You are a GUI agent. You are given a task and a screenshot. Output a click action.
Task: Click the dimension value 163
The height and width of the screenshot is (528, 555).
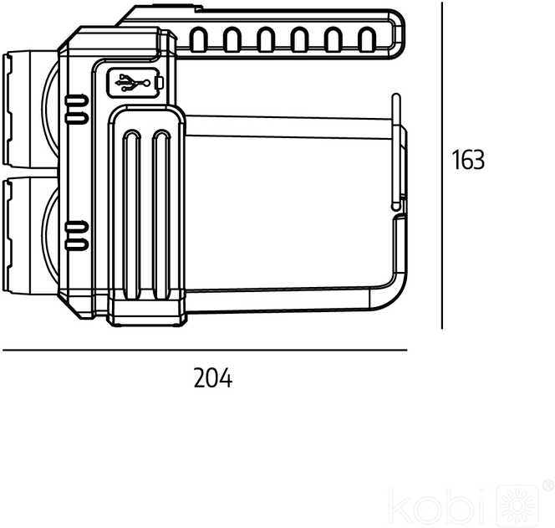(468, 160)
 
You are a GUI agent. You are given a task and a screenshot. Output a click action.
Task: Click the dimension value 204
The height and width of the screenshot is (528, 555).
(213, 378)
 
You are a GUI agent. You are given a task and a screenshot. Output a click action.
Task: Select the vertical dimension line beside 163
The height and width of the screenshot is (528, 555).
(441, 166)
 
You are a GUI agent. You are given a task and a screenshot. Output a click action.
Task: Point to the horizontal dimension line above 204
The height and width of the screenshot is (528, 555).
(205, 350)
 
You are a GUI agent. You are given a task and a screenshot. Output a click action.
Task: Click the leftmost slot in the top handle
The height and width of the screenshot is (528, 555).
(198, 39)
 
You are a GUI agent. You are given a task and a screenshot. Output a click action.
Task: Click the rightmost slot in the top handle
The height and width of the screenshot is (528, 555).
(367, 39)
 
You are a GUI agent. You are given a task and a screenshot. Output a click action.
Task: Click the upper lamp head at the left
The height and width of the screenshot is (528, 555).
(30, 109)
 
